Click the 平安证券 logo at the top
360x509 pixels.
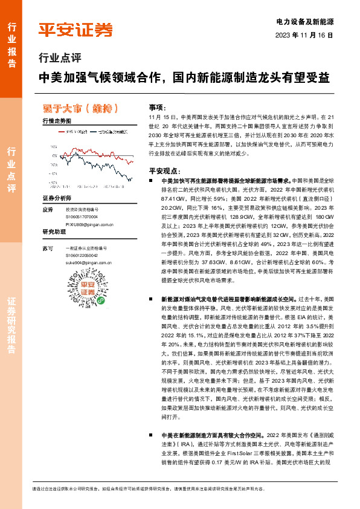pyautogui.click(x=76, y=29)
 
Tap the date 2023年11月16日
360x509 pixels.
pyautogui.click(x=304, y=35)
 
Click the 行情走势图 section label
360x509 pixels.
pyautogui.click(x=57, y=121)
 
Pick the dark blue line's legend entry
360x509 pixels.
pyautogui.click(x=113, y=131)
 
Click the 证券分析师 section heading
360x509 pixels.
pyautogui.click(x=57, y=198)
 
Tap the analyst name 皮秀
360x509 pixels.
pyautogui.click(x=49, y=210)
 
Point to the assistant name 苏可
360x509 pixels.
pyautogui.click(x=49, y=248)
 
